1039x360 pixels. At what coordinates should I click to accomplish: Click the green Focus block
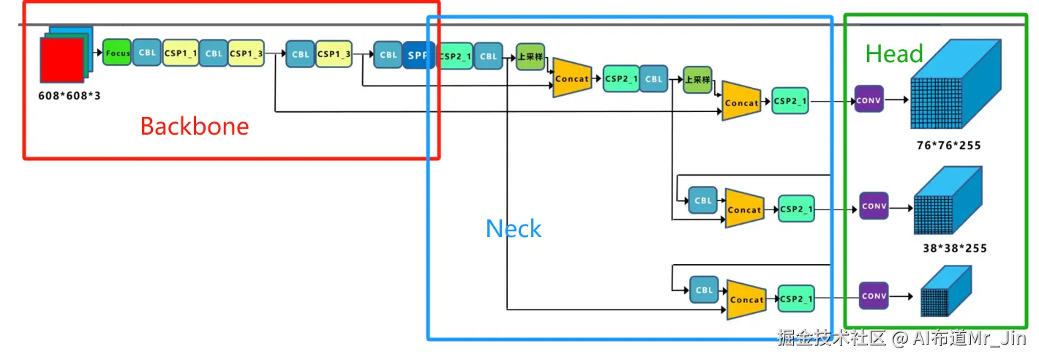click(x=117, y=53)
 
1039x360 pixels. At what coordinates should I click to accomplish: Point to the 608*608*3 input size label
click(x=70, y=95)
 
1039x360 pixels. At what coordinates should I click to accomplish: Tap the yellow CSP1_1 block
click(x=181, y=53)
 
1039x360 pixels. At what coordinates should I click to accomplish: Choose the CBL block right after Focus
click(x=147, y=53)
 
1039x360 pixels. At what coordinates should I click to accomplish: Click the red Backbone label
click(x=194, y=126)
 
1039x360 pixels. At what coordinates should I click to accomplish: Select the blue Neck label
click(x=514, y=229)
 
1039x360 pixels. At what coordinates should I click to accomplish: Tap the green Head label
click(x=894, y=53)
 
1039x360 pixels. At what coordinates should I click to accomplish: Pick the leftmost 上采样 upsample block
click(x=530, y=57)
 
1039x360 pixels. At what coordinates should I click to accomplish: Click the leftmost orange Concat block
click(x=571, y=78)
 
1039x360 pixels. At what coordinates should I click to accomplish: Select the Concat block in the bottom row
click(x=746, y=299)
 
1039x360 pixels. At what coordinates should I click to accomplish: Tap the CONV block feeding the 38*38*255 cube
click(x=874, y=206)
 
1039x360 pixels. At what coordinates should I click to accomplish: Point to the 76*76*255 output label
click(x=948, y=146)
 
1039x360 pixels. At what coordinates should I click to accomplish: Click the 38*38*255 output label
click(x=954, y=248)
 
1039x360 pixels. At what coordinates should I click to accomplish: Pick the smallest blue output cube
click(x=945, y=291)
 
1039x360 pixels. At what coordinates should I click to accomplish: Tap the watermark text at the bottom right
click(x=901, y=337)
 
